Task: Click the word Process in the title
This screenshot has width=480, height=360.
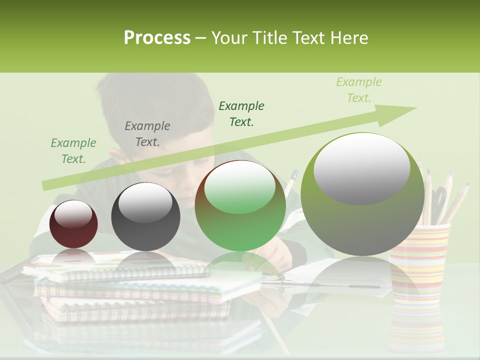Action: point(157,37)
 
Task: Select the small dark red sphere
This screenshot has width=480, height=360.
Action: point(73,224)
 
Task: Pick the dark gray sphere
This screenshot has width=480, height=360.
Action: point(145,216)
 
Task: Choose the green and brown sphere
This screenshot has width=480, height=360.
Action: point(240,205)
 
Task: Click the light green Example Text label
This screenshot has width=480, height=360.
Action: point(358,90)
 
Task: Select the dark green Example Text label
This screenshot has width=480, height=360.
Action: point(241,114)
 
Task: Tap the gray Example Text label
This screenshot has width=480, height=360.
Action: point(147,134)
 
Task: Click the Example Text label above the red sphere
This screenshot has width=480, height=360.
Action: point(73,151)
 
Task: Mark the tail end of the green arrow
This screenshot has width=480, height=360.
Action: point(45,185)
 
